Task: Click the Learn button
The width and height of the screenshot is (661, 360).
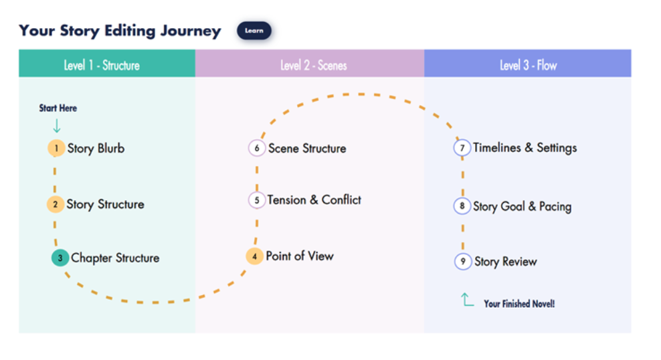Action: [x=254, y=31]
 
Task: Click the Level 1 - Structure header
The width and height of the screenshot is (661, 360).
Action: [x=102, y=65]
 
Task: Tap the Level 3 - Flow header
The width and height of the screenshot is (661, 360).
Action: [x=528, y=65]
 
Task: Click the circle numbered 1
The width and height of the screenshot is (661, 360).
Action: [x=56, y=148]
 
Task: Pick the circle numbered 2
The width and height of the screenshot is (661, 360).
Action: [x=56, y=204]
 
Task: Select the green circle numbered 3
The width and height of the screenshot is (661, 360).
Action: [x=60, y=258]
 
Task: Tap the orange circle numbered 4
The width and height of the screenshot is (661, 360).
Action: [x=254, y=256]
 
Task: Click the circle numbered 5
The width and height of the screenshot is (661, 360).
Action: [x=257, y=199]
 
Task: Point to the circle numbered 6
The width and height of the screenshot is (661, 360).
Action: [x=257, y=148]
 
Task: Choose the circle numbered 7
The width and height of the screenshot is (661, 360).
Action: [x=462, y=147]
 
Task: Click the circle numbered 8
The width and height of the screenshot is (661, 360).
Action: [x=462, y=206]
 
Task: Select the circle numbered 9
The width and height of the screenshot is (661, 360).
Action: [x=463, y=262]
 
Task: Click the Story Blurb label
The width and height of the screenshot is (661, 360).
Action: [x=96, y=149]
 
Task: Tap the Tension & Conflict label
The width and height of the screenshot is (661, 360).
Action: [x=314, y=200]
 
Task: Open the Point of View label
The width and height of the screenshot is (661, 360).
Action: [x=299, y=256]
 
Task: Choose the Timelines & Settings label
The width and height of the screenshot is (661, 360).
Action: [x=525, y=148]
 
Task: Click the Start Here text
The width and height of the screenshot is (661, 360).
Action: [x=58, y=108]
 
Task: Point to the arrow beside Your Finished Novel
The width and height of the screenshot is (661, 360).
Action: [x=467, y=300]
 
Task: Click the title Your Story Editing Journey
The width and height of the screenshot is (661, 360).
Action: [x=120, y=31]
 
